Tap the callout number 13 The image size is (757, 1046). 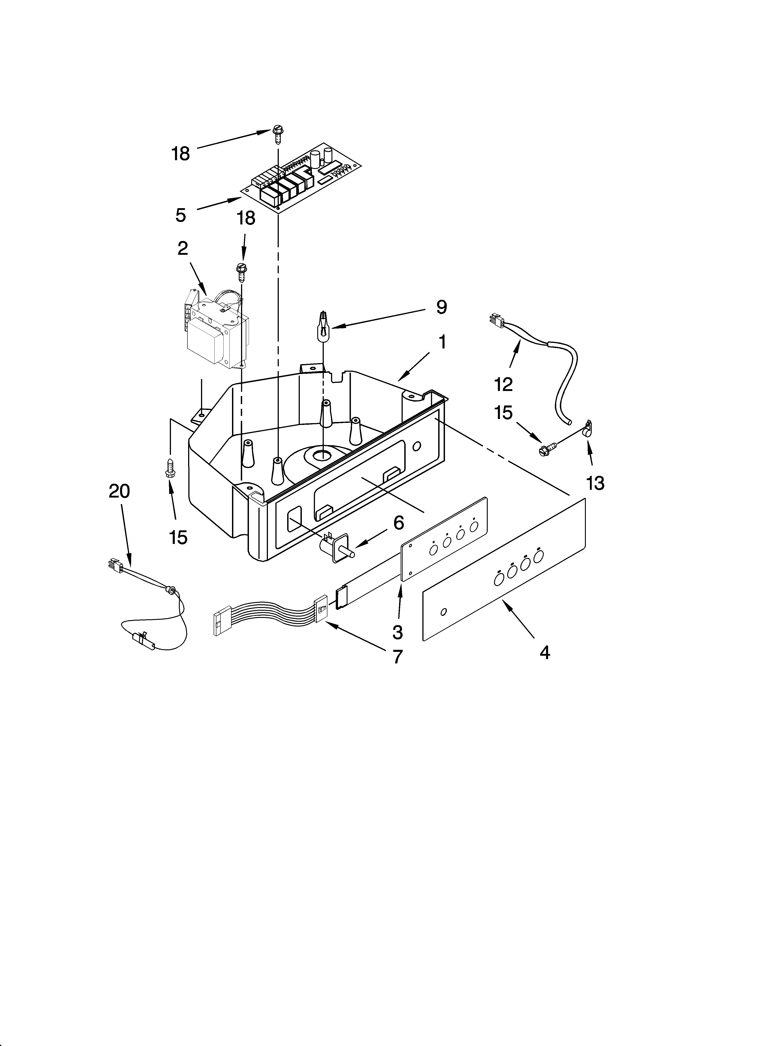click(595, 483)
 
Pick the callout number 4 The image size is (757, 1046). click(544, 653)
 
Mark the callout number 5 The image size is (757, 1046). click(180, 215)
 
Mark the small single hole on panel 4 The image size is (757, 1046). click(443, 612)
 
